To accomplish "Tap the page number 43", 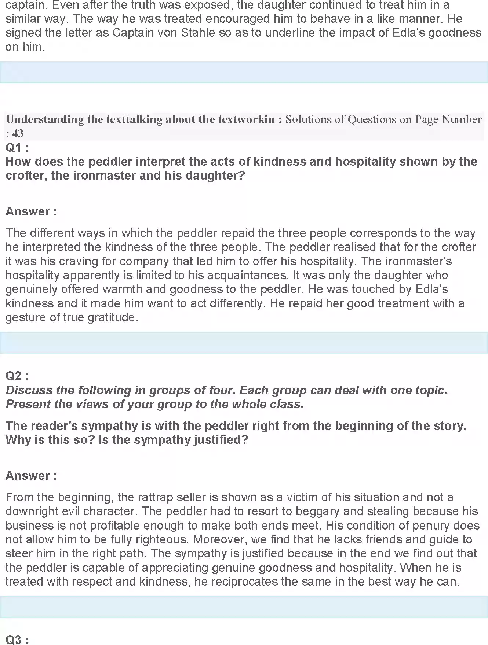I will click(x=18, y=133).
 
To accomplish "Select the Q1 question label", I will click(x=17, y=148).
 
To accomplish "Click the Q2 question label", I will click(x=17, y=376).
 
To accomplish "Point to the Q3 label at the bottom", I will click(x=17, y=640).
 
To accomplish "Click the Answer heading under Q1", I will click(x=31, y=211).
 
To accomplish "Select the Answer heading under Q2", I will click(x=31, y=476).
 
